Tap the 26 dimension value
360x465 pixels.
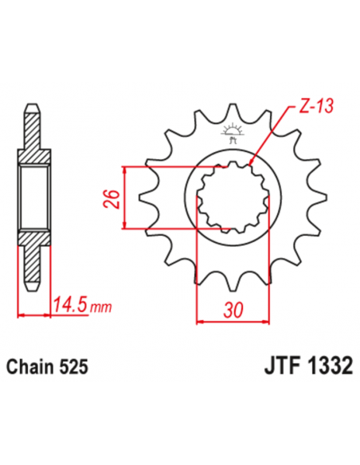[x=112, y=197]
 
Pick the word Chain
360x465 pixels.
[x=31, y=369]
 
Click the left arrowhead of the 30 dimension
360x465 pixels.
[x=200, y=322]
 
